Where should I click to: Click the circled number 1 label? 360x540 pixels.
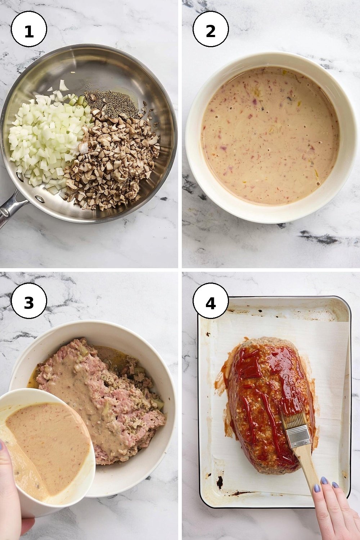click(29, 29)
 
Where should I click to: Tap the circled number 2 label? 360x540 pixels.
click(211, 29)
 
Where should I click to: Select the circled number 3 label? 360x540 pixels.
click(29, 301)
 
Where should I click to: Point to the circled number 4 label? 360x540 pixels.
click(211, 301)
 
